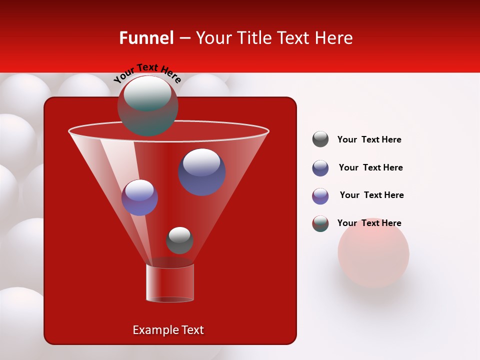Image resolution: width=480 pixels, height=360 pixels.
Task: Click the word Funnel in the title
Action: click(146, 38)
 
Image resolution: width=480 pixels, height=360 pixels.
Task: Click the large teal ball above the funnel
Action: click(148, 105)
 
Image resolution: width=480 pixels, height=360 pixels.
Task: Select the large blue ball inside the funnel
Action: click(201, 172)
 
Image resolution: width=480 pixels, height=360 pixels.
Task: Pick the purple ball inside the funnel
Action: click(139, 197)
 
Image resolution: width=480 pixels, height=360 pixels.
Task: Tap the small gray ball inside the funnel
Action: click(179, 240)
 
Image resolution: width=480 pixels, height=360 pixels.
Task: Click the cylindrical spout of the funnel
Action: click(170, 283)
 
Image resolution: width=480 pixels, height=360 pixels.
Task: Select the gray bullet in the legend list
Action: click(320, 139)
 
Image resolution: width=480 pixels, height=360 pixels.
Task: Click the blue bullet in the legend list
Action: click(320, 168)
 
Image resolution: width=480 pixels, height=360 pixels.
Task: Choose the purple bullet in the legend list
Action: click(320, 196)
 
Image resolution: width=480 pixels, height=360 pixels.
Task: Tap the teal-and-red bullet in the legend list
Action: click(320, 223)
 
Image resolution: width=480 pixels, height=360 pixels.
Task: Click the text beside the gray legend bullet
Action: click(369, 139)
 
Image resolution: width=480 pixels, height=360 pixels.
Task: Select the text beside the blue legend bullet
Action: click(370, 167)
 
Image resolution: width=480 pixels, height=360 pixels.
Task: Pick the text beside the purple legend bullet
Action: click(371, 195)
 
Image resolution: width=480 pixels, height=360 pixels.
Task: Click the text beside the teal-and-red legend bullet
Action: click(369, 223)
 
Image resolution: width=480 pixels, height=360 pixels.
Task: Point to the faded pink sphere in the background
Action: click(373, 255)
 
